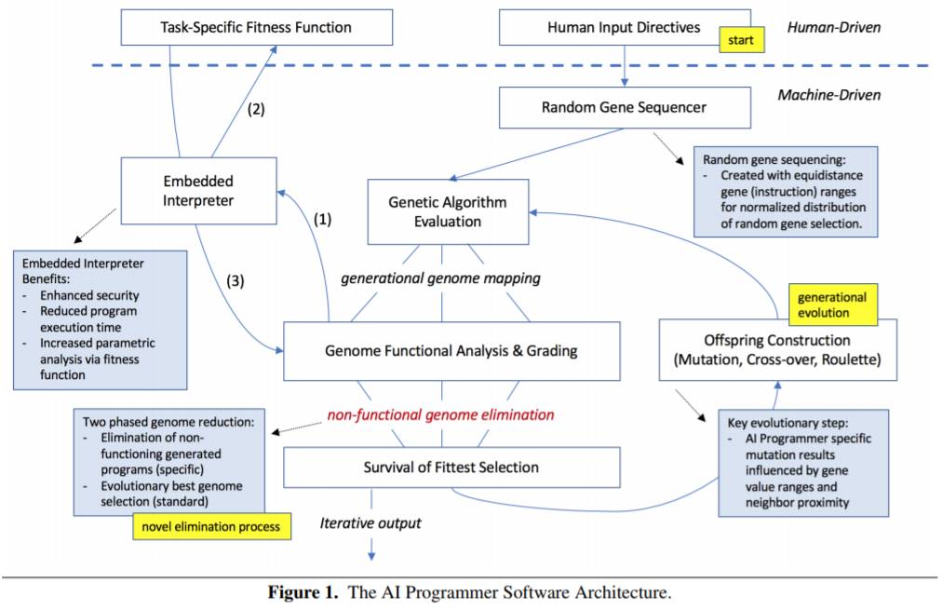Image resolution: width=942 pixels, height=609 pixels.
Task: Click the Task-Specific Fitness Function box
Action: coord(257,27)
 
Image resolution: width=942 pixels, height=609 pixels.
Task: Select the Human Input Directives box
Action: coord(625,27)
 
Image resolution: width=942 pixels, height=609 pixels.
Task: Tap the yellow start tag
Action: coord(742,40)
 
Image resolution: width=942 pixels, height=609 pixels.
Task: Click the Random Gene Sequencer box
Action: coord(625,108)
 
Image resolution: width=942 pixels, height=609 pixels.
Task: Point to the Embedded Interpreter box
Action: coord(199,191)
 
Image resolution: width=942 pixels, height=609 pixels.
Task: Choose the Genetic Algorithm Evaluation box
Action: coord(448,211)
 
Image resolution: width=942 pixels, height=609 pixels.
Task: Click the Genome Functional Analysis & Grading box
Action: coord(451,351)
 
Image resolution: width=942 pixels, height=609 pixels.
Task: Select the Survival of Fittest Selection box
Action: coord(451,467)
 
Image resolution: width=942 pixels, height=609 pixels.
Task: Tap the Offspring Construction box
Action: coord(778,350)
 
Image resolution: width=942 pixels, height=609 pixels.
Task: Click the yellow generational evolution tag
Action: coord(833,304)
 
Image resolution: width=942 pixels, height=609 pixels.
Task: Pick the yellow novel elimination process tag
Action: coord(211,527)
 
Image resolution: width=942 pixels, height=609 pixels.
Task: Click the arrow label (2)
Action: coord(257,109)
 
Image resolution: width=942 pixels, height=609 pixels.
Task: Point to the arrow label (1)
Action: coord(323,220)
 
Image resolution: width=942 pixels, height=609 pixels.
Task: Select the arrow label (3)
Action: coord(235,280)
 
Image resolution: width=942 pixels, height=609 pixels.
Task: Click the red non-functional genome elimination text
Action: coord(440,414)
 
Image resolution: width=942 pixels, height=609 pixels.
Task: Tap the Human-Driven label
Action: coord(834,27)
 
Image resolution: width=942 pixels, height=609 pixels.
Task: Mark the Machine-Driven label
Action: coord(829,95)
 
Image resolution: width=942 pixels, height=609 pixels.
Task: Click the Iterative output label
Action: coord(370,523)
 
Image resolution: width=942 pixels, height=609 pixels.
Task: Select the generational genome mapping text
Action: coord(440,278)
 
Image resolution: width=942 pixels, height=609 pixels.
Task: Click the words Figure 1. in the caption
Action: coord(303,593)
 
